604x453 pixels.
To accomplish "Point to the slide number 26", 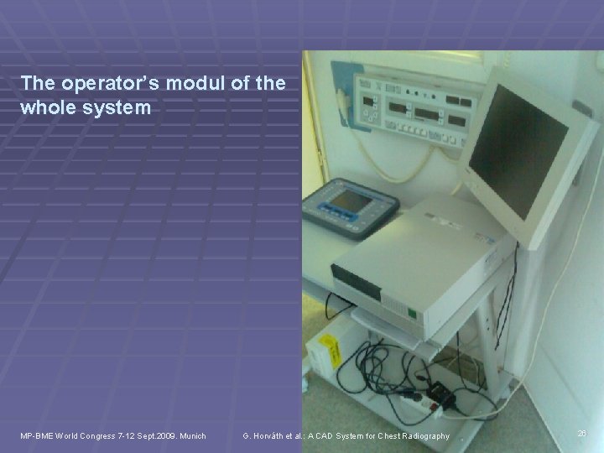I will pos(582,434).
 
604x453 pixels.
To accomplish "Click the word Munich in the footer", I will pos(190,435).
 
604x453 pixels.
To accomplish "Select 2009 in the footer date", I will pos(157,435).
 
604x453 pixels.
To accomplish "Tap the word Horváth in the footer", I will pos(270,435).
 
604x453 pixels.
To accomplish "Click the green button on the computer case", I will pos(412,312).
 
